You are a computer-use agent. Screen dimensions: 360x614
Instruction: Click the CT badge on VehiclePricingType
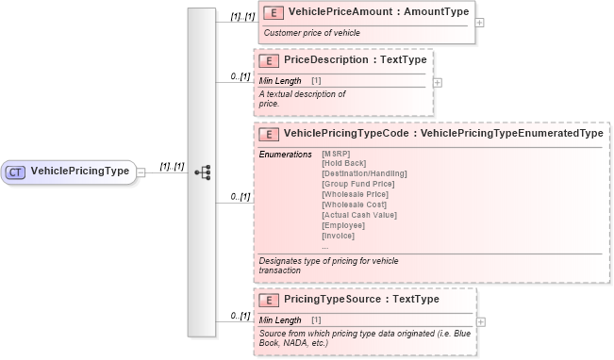point(16,172)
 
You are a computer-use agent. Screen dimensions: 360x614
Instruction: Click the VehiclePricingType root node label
point(80,172)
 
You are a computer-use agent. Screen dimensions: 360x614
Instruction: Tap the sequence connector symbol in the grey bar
point(202,172)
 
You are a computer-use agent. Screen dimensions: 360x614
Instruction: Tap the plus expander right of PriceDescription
point(437,82)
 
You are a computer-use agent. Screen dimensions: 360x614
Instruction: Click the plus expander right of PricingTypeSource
point(481,322)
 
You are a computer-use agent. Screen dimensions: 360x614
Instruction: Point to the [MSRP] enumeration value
point(335,154)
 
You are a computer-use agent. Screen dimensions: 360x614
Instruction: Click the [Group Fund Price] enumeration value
point(357,185)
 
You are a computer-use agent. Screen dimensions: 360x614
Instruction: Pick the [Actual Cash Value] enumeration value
point(358,216)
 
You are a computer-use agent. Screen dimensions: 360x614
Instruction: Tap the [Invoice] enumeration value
point(338,237)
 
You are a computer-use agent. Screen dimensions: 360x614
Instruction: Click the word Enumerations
point(285,154)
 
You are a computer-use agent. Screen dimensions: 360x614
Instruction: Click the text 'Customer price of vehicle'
point(311,33)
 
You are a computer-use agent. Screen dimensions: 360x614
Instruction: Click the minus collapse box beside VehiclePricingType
point(141,172)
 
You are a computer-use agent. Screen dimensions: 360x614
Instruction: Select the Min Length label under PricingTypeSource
point(280,320)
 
